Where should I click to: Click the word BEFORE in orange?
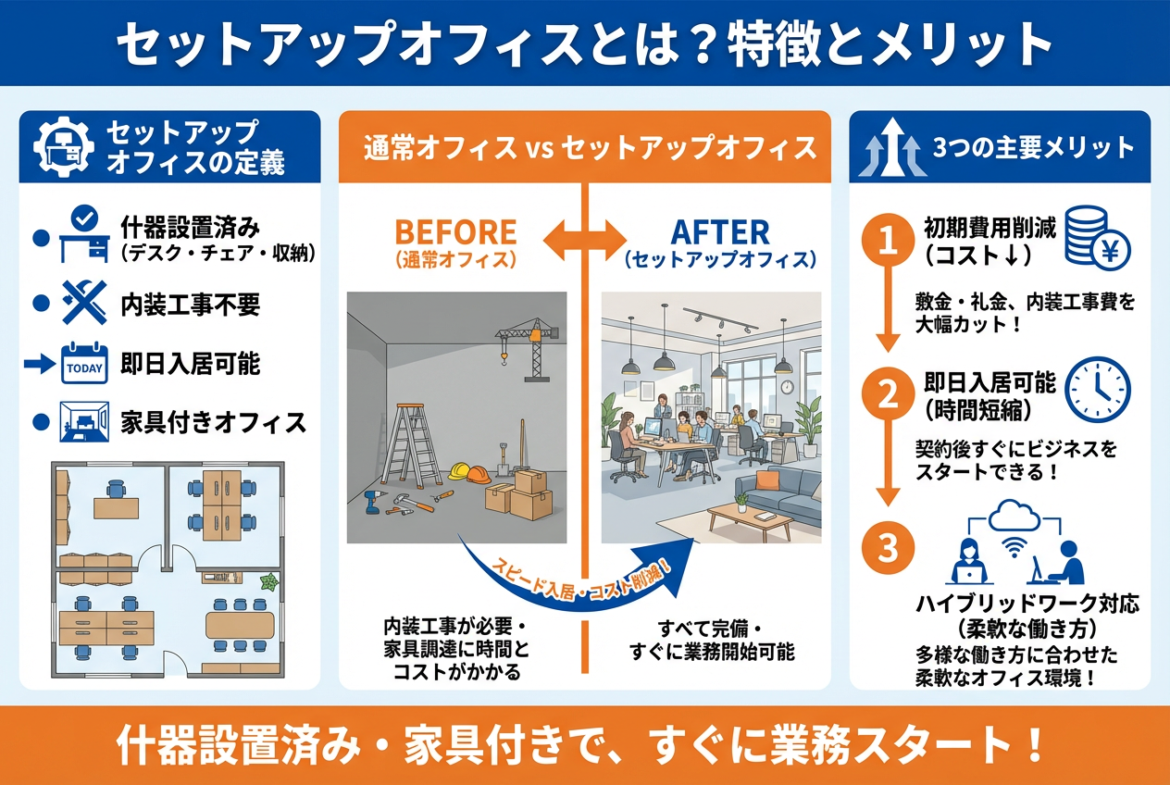coord(454,231)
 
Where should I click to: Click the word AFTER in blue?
coord(720,231)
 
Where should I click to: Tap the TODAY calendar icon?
coord(85,364)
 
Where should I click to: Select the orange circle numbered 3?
coord(888,548)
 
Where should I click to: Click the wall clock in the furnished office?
coord(786,387)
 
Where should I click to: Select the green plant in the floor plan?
coord(269,582)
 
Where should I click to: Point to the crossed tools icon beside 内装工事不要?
coord(84,305)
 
